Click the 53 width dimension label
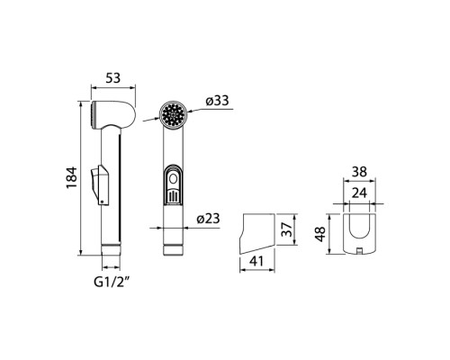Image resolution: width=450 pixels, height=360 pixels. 113,78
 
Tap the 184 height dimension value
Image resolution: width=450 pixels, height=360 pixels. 72,177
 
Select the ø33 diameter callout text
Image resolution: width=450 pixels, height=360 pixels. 217,101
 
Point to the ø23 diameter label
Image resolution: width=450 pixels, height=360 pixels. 209,219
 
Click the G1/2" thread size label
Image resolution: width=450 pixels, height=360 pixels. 112,282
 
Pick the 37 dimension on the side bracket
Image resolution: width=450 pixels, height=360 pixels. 287,229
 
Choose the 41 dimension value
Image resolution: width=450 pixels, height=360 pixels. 256,261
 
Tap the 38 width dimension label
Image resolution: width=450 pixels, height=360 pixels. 359,172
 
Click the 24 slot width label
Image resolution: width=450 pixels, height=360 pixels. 359,193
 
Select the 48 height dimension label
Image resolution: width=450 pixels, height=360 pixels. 320,234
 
